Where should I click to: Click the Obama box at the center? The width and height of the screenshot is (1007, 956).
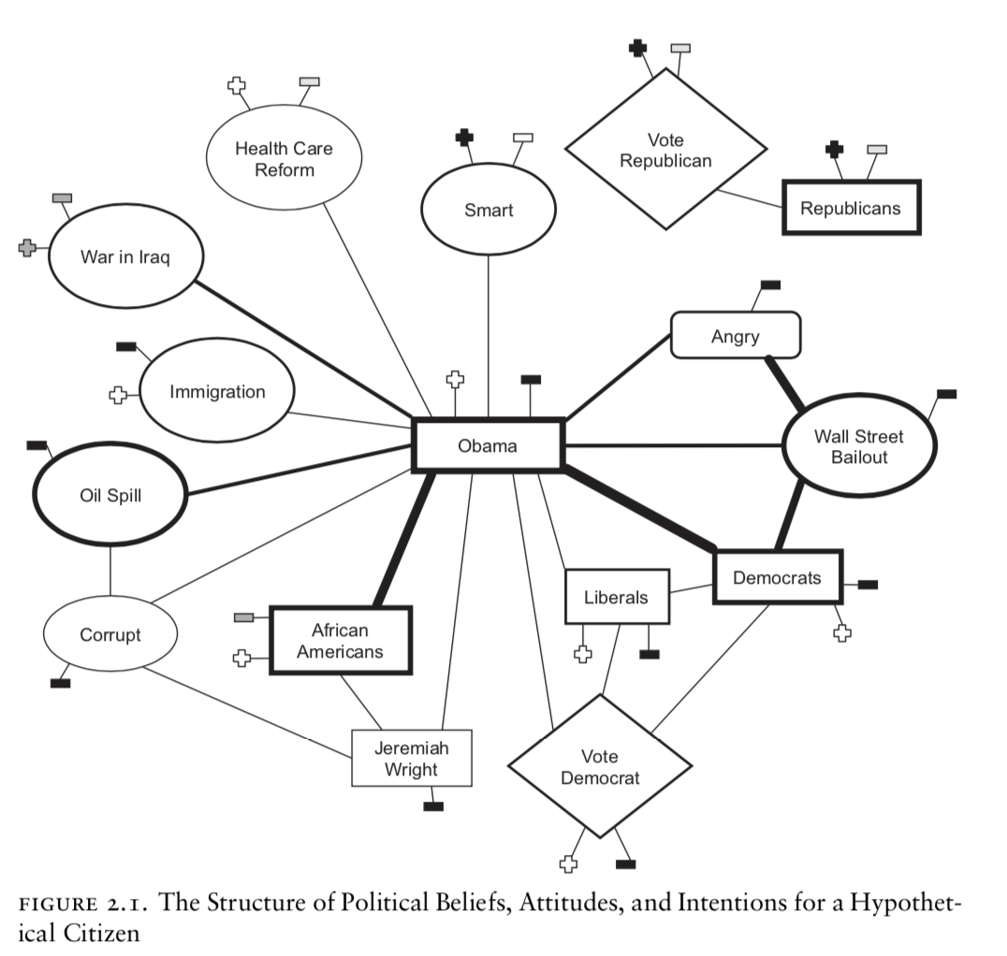click(x=488, y=445)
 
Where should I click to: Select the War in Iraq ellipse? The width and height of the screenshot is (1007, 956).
click(x=124, y=257)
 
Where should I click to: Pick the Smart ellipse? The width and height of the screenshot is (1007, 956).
click(x=489, y=210)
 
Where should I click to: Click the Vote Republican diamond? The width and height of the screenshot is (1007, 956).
click(x=665, y=150)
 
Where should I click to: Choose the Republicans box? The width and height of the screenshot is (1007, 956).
click(x=850, y=208)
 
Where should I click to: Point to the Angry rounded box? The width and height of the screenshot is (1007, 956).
click(x=735, y=336)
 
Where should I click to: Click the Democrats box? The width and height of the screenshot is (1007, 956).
click(x=777, y=577)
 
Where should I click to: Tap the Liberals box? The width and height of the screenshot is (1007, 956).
click(x=616, y=597)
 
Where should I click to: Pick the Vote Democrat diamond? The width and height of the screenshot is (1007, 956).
click(x=599, y=766)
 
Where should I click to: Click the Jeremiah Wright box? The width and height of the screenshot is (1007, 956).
click(x=411, y=759)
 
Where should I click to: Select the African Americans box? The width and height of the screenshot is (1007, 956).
click(x=340, y=641)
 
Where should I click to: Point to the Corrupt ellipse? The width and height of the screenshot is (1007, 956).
click(x=110, y=635)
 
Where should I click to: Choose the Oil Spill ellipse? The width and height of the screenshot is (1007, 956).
click(x=110, y=495)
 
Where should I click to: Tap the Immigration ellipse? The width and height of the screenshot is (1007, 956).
click(x=217, y=392)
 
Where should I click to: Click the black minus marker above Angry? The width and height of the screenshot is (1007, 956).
click(x=770, y=284)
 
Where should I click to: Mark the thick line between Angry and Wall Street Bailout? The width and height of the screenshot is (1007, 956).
click(x=783, y=382)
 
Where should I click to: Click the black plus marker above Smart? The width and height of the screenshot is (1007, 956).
click(x=464, y=138)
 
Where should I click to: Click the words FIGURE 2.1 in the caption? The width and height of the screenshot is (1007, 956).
click(x=84, y=906)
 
